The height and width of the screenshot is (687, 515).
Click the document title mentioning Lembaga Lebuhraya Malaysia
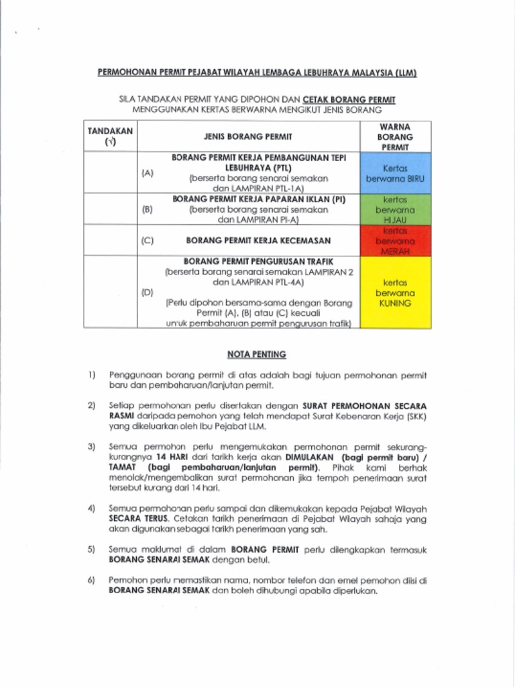pos(257,72)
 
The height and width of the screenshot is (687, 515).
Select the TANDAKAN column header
pos(110,136)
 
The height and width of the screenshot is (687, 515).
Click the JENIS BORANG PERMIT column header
pos(248,136)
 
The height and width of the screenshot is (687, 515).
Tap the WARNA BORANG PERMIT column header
pos(395,136)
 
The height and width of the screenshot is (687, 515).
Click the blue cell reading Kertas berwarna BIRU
pos(395,174)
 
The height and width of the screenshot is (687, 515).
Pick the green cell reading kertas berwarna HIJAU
pos(395,209)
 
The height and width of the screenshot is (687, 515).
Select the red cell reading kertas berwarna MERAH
pos(395,240)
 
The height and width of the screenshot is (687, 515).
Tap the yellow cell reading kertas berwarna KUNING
pos(395,293)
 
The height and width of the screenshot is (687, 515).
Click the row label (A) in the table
pos(148,173)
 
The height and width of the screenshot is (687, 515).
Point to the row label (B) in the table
pos(148,209)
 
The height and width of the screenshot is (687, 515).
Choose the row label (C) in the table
pos(148,240)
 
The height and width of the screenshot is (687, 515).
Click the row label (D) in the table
pos(148,293)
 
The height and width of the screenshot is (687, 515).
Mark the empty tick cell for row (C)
pos(110,240)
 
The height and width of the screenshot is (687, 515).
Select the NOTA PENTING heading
pos(257,354)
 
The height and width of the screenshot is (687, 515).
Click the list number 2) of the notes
pos(91,406)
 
